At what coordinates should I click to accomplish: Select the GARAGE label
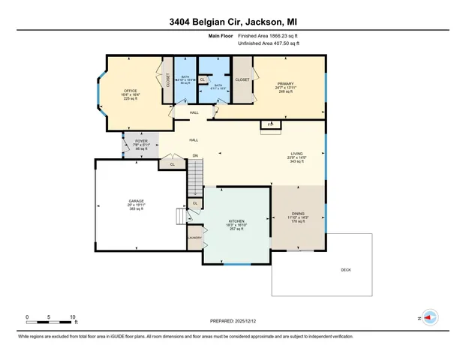136,201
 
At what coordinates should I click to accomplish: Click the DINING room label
297,214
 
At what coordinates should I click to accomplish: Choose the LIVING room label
297,154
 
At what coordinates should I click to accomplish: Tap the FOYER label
141,140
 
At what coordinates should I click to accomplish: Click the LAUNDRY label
194,238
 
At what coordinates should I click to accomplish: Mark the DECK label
345,270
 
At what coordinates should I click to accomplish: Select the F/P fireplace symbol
269,124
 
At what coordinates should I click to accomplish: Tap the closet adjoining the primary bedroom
242,79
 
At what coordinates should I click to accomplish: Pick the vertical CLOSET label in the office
167,79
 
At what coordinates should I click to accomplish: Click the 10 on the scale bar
73,316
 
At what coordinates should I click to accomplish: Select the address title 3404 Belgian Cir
233,22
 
